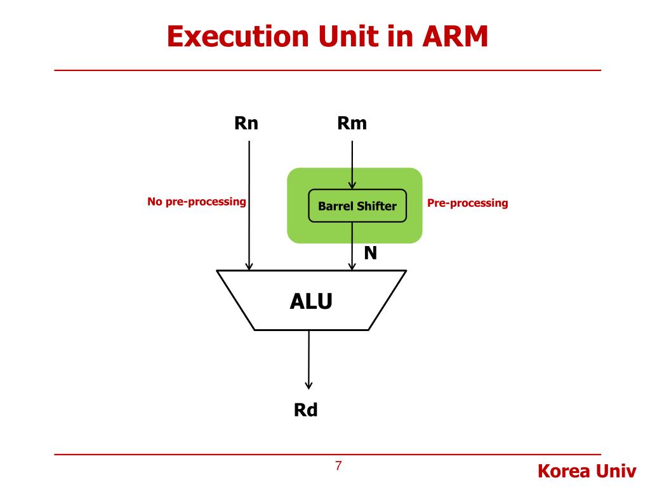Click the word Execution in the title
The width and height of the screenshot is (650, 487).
[x=238, y=36]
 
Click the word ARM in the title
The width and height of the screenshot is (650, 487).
[x=454, y=36]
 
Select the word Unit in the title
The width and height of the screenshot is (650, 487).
[x=350, y=36]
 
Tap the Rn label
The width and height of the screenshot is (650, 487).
[x=246, y=124]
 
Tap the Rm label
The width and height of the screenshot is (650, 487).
[x=352, y=124]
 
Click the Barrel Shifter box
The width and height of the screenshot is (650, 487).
[x=357, y=205]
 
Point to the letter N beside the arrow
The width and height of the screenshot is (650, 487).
[x=371, y=252]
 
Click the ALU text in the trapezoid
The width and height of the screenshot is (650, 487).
[x=311, y=301]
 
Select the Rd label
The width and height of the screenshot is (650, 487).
[x=305, y=410]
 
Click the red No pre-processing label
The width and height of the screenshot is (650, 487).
[x=197, y=202]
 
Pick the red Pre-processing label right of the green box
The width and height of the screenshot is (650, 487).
[x=468, y=203]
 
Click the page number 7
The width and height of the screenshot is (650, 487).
[x=339, y=466]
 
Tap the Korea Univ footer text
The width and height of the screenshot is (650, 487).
[x=587, y=471]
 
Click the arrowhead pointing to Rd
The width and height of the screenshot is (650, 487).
[x=308, y=385]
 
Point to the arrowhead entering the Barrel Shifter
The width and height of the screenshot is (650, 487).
[x=352, y=185]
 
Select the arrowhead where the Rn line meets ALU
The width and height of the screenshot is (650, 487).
[x=249, y=266]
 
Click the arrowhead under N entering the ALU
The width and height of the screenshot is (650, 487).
[x=352, y=266]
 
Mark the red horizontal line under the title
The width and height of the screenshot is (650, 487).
[x=328, y=70]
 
